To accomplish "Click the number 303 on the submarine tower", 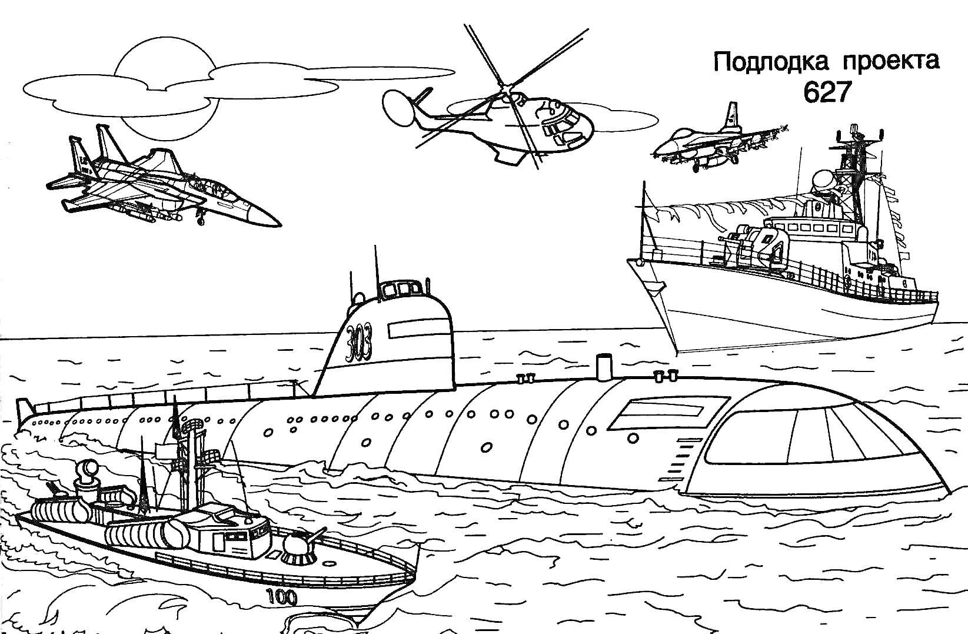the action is point(359,341).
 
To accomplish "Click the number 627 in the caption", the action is point(827,92).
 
